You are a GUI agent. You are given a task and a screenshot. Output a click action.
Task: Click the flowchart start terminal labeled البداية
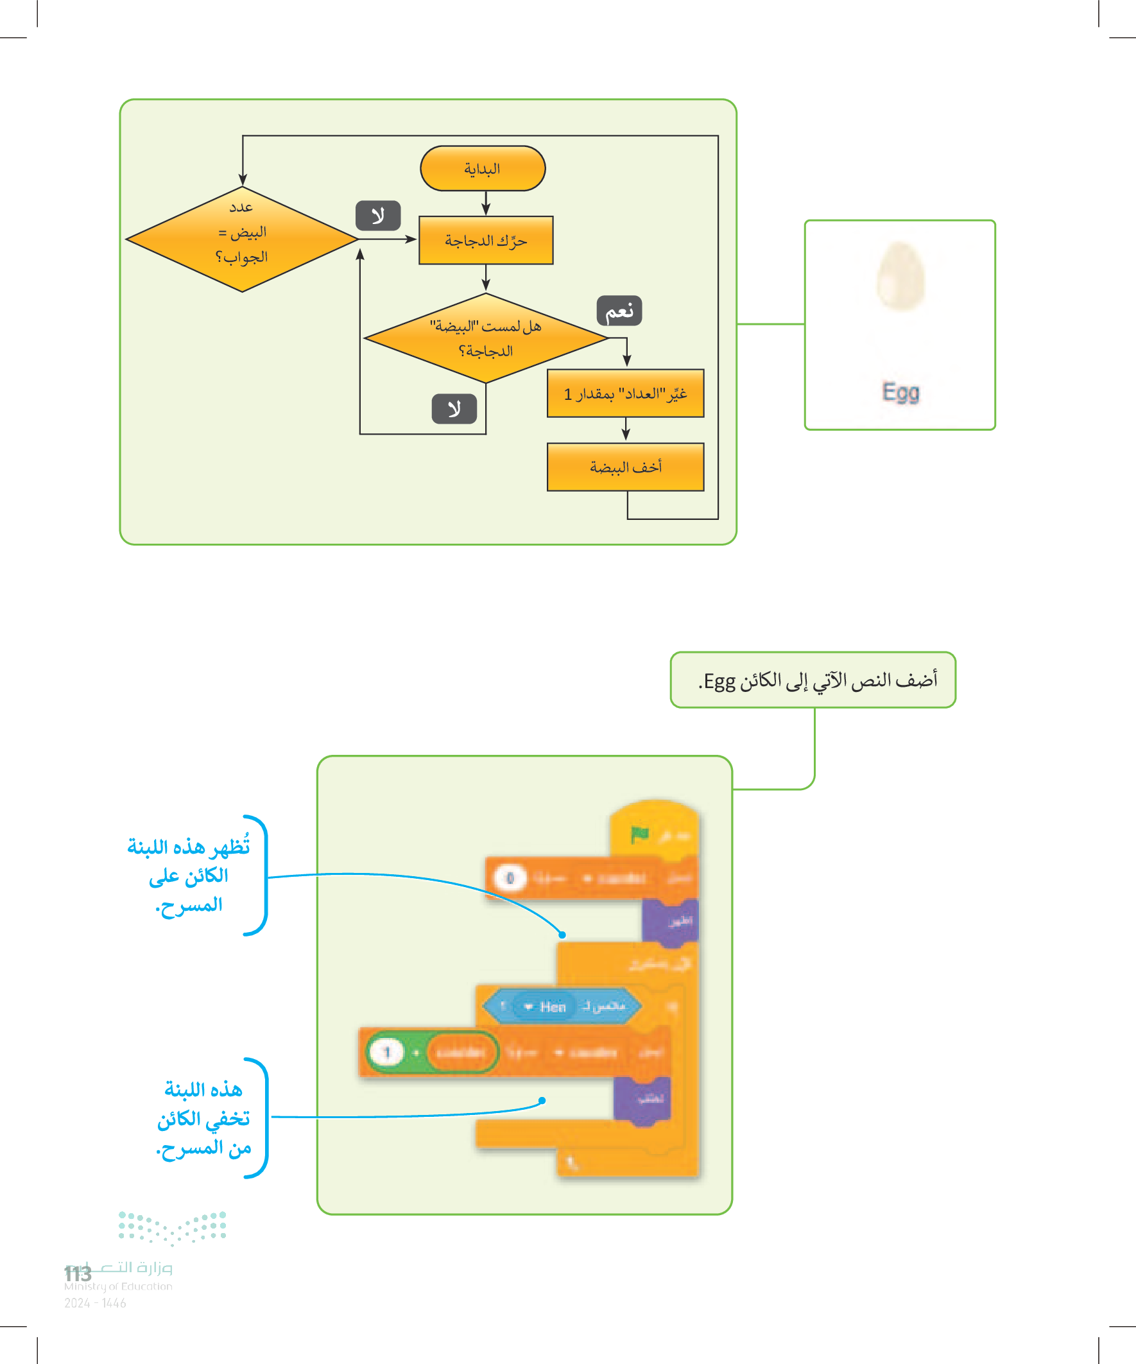point(483,169)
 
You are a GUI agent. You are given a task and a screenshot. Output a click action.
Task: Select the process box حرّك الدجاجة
point(486,240)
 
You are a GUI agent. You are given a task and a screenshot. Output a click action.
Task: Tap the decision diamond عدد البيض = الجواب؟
point(241,239)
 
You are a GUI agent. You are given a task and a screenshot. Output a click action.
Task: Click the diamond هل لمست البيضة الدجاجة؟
point(486,338)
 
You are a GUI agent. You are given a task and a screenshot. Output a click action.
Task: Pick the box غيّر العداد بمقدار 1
point(626,393)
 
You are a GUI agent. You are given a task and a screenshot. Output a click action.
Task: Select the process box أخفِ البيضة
point(626,467)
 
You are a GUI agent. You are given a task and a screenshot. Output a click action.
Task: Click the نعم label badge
point(619,311)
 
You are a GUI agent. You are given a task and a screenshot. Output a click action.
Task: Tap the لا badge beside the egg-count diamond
point(378,216)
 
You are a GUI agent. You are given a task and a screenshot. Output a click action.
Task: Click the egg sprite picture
point(900,276)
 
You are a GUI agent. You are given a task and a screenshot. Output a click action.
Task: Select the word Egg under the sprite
point(900,392)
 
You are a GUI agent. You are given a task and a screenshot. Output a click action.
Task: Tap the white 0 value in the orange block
point(510,878)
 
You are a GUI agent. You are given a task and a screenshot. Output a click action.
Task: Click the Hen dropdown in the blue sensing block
point(546,1006)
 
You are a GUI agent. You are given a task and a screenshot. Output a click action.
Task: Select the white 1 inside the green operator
point(387,1051)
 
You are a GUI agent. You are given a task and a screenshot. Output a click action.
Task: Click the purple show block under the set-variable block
point(670,920)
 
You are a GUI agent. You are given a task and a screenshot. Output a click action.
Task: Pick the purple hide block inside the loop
point(642,1099)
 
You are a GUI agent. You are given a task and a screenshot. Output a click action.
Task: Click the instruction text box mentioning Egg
point(813,680)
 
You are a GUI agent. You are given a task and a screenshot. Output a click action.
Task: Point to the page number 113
point(78,1273)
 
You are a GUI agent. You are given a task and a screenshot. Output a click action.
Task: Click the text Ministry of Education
point(118,1286)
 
